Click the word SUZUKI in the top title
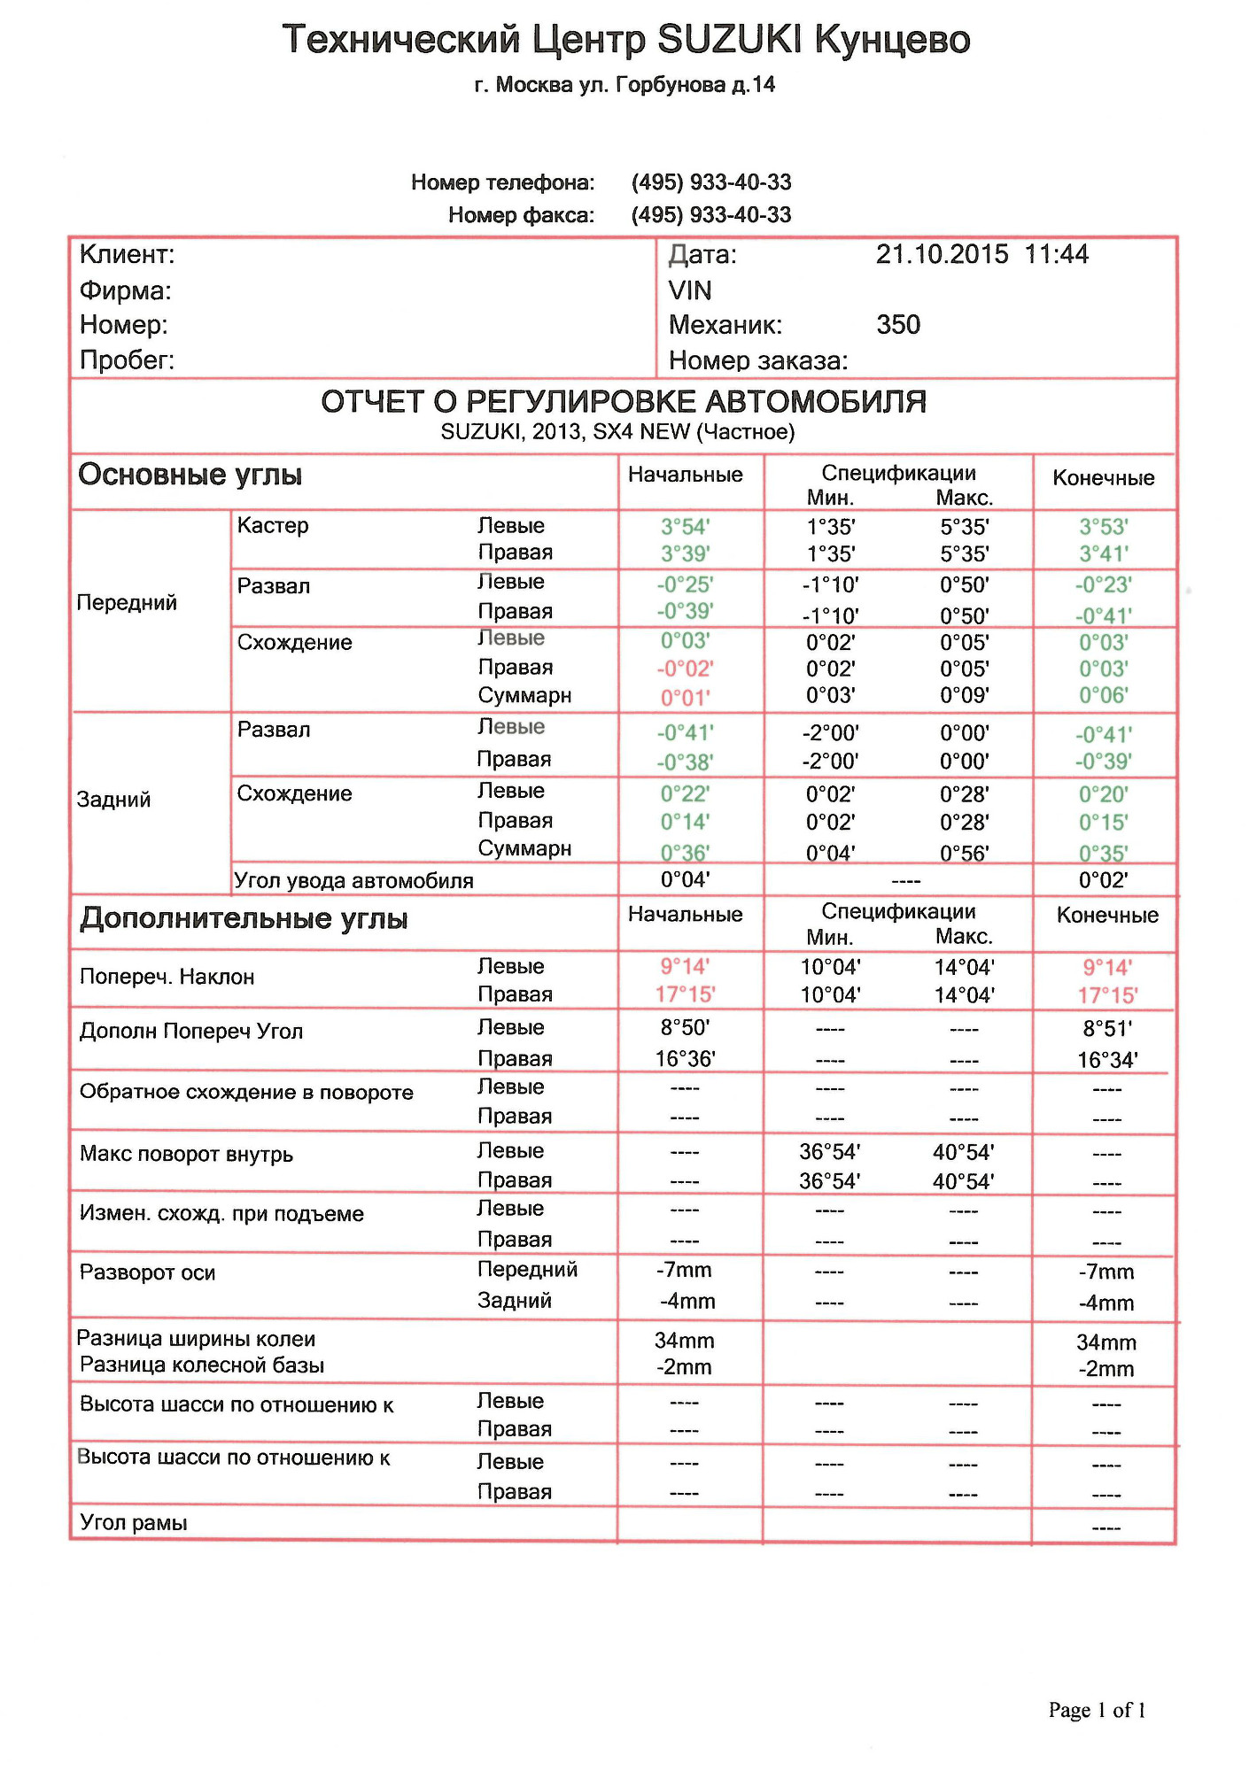pos(728,40)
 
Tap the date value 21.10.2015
pos(942,255)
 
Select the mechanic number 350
pos(898,325)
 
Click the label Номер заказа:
pos(758,361)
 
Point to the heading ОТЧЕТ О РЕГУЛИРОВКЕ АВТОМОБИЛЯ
pos(624,402)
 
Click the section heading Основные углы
pos(190,476)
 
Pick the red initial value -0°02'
pos(685,669)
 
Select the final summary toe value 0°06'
pos(1103,696)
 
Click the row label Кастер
pos(273,526)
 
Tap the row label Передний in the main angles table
pos(127,603)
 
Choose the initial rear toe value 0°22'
pos(685,794)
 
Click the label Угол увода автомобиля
pos(353,881)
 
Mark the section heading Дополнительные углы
pos(244,919)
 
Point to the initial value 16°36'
pos(685,1059)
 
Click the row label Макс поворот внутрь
pos(186,1155)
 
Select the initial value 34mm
pos(684,1342)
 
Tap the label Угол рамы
pos(134,1523)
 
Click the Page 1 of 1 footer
pos(1097,1710)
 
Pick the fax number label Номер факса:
pos(521,215)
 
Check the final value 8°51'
pos(1106,1029)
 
